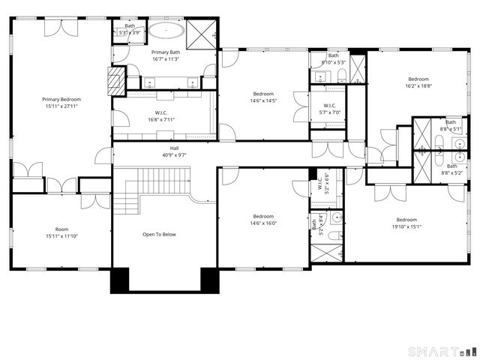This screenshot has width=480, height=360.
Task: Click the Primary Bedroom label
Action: pyautogui.click(x=61, y=99)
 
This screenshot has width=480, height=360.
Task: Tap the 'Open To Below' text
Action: pyautogui.click(x=159, y=235)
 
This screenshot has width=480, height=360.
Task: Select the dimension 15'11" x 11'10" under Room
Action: pyautogui.click(x=61, y=236)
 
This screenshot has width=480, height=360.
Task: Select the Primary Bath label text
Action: pyautogui.click(x=166, y=52)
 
